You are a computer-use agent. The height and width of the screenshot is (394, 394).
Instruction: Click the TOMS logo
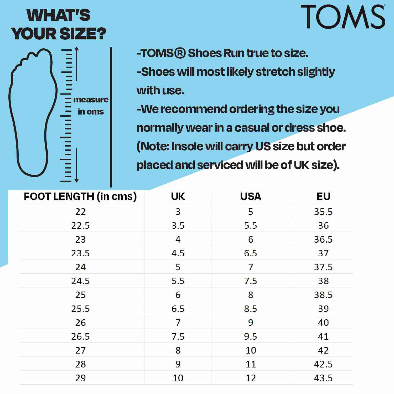click(x=343, y=17)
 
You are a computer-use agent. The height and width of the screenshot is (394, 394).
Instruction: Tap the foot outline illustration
click(x=33, y=113)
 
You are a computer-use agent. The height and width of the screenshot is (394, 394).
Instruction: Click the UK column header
click(x=178, y=196)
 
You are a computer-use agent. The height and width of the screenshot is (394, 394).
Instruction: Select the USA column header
click(x=251, y=196)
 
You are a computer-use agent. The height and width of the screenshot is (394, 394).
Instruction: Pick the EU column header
click(x=323, y=196)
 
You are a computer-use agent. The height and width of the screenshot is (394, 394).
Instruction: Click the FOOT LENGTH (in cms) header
click(x=80, y=196)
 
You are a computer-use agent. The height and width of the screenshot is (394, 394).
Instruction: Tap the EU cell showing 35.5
click(x=323, y=212)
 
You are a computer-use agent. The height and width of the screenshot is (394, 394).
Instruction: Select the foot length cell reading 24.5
click(x=80, y=281)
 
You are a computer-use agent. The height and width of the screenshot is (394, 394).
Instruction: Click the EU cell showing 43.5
click(x=323, y=378)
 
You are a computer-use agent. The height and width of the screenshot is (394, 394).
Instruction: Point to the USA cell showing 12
click(x=251, y=378)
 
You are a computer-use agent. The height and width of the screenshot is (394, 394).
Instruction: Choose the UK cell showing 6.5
click(x=178, y=309)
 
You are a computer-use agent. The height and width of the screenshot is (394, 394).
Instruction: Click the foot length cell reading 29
click(x=80, y=378)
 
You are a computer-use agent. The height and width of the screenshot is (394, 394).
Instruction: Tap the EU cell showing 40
click(x=323, y=323)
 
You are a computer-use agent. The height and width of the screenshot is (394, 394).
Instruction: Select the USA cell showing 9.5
click(x=251, y=336)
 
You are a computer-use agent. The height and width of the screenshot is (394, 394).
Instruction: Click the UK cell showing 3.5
click(x=178, y=226)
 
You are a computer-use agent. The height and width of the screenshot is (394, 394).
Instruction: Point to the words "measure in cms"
click(x=91, y=106)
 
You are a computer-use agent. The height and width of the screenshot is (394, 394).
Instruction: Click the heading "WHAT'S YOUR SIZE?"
click(x=59, y=24)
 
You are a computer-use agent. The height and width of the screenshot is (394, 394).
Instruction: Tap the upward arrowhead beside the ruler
click(x=76, y=49)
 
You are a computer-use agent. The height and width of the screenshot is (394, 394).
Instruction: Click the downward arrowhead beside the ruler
click(x=76, y=180)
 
